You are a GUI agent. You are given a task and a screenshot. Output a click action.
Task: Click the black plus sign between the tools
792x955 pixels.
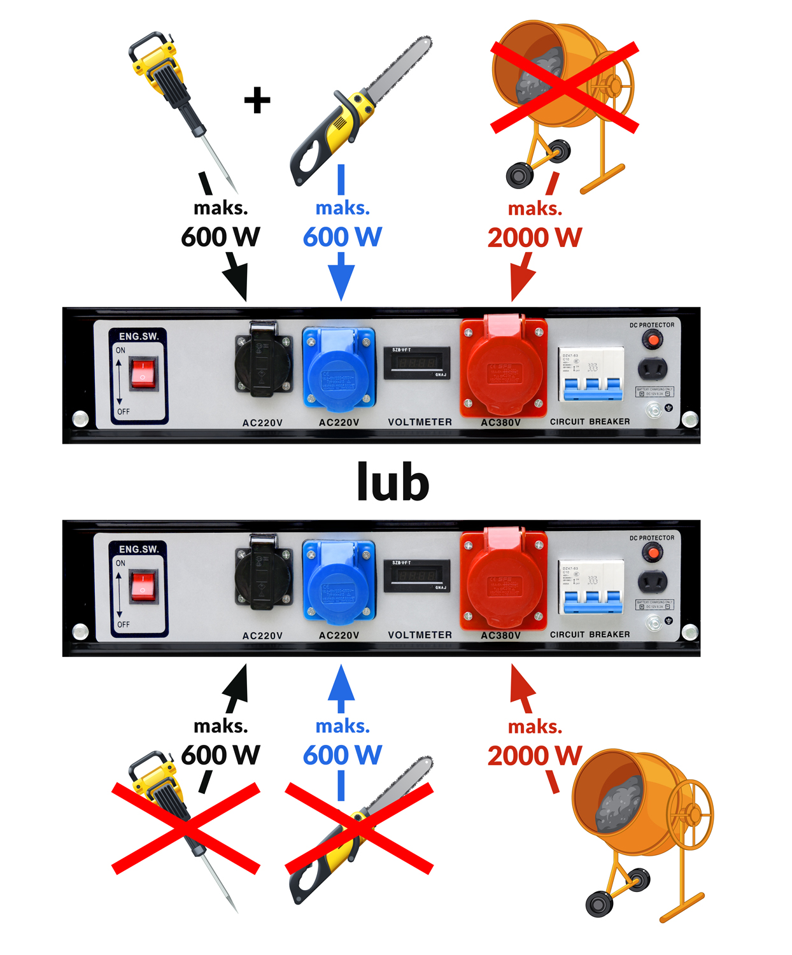point(257,101)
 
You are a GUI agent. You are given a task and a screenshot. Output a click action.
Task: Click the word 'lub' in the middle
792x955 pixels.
point(393,482)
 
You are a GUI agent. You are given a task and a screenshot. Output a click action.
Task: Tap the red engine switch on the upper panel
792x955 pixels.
point(143,373)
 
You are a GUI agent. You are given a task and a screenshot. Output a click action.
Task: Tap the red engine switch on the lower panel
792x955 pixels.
point(143,586)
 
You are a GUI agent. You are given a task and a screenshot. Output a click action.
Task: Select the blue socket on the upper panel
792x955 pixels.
point(339,368)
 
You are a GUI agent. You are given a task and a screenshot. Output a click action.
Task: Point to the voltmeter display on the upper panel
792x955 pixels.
point(416,363)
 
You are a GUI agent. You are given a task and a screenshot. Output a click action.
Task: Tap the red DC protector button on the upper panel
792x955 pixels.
point(652,340)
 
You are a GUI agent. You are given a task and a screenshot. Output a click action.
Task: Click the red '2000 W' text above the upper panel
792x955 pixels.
point(534,237)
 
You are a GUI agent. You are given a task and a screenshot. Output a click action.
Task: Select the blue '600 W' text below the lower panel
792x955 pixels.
point(342,755)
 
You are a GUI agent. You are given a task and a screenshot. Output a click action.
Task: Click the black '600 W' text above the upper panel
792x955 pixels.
point(220,237)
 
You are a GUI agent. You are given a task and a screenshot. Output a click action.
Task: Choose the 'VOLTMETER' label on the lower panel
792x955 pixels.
point(420,635)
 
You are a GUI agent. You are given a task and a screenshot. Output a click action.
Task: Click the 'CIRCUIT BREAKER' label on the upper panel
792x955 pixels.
point(590,421)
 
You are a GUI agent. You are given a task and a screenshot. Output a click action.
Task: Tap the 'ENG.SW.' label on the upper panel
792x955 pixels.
point(139,336)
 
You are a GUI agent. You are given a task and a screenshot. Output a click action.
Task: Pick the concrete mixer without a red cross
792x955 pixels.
point(640,828)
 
